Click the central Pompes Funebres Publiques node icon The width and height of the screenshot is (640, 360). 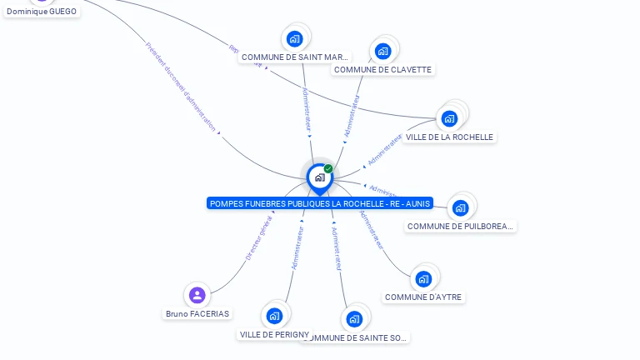point(319,177)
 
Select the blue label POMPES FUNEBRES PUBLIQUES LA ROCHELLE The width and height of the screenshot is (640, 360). point(320,203)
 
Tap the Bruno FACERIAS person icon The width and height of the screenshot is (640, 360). point(197,295)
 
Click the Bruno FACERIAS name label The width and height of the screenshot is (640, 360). point(197,314)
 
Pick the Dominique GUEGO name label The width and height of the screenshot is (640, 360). point(42,12)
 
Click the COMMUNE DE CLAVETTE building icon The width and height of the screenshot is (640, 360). point(382,51)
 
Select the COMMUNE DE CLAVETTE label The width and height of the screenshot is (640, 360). point(382,70)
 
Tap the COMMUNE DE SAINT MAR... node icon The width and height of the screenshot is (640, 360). point(294,38)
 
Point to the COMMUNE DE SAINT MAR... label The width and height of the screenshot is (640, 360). point(295,57)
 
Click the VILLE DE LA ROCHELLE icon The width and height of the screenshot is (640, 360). point(449,118)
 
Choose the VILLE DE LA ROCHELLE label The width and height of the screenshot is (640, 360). point(449,137)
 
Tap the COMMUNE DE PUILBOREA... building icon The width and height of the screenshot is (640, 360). point(461,207)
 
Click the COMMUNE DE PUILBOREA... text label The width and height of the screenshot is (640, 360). point(461,226)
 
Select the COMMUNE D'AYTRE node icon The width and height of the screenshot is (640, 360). point(423,278)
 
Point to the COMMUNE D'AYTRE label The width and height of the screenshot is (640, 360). point(423,297)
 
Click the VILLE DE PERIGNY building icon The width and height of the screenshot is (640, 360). point(274,316)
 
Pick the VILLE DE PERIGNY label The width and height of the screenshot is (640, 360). point(274,334)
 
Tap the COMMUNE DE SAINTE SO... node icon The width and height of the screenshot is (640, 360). point(354,319)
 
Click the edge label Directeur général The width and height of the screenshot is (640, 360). point(258,238)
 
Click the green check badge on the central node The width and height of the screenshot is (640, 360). point(328,168)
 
